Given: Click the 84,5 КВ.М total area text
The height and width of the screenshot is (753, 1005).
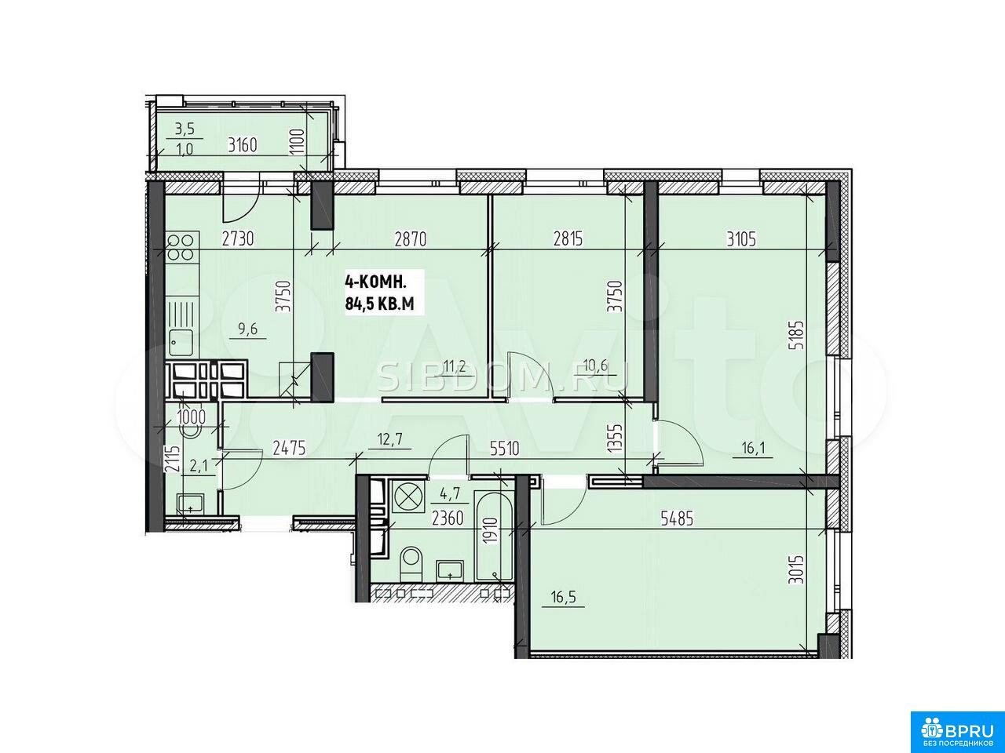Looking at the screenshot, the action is [x=379, y=304].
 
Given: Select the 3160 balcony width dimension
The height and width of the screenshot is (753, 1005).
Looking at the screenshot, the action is [x=243, y=145].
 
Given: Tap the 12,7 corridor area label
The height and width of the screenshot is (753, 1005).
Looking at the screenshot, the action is [x=389, y=439].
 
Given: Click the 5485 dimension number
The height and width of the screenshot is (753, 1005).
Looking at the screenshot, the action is [x=677, y=518].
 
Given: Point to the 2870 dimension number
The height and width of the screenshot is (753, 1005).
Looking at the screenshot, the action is [x=411, y=239].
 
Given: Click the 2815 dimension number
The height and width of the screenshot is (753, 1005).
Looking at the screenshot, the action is [x=568, y=239].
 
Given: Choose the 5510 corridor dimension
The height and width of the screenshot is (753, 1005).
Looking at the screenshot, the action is [x=505, y=449].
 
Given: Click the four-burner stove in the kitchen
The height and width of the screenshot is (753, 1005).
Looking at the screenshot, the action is [x=183, y=247].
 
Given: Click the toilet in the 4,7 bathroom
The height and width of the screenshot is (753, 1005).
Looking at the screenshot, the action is [x=411, y=565].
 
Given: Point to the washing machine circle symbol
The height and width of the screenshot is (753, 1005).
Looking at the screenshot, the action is [x=406, y=496].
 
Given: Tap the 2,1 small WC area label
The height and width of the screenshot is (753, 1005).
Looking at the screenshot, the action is [x=199, y=466].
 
